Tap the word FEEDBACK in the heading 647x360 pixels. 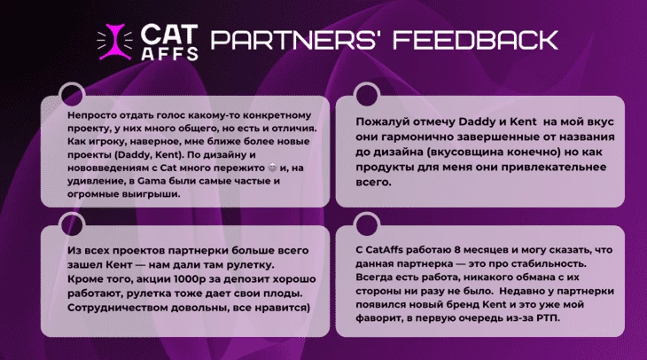pos(475,40)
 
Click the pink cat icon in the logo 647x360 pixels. pos(114,42)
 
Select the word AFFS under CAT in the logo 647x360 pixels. pos(169,53)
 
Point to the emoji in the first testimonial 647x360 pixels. pos(272,168)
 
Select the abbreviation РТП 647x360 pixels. pos(549,318)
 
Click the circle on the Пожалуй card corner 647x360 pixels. pos(367,95)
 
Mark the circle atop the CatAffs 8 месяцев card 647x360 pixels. pos(367,225)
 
